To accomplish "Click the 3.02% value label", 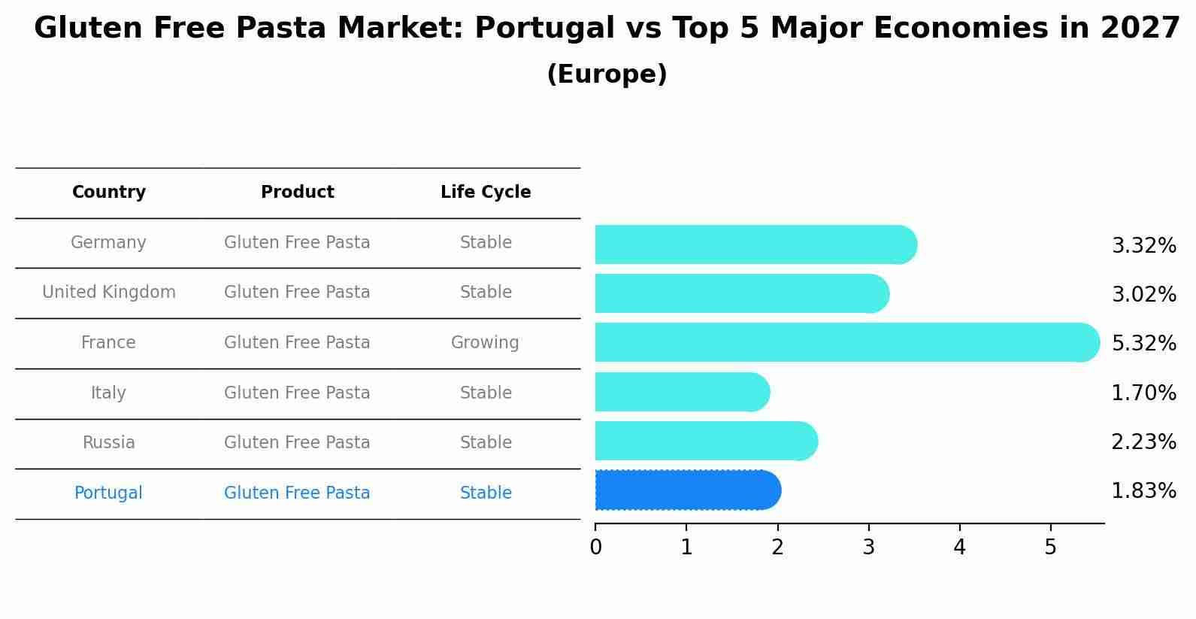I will [x=1143, y=294].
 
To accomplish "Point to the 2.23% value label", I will [x=1143, y=441].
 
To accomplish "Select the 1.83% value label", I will [x=1143, y=491].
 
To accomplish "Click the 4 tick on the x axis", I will [x=959, y=548].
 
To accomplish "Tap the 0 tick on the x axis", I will [x=596, y=548].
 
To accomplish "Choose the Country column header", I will [x=109, y=193].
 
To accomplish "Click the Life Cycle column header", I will [x=486, y=193].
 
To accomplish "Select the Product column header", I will [x=298, y=193].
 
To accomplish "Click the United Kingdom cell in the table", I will [x=109, y=293].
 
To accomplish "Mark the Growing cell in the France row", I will [x=485, y=343].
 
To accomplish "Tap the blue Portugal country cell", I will [x=108, y=493].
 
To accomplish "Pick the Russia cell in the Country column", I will [x=109, y=443].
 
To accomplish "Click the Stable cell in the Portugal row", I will [x=486, y=493].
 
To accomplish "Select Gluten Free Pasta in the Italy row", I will [x=297, y=393].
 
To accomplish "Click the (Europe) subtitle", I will [x=607, y=74].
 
